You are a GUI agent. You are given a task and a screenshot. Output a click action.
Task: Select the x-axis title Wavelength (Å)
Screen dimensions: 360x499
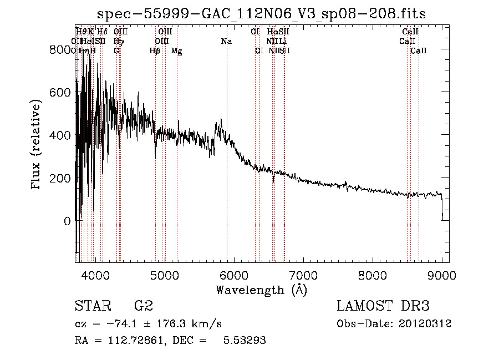261,290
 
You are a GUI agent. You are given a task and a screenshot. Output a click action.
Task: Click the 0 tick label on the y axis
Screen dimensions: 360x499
67,221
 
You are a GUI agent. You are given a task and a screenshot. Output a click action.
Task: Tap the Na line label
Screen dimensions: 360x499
226,42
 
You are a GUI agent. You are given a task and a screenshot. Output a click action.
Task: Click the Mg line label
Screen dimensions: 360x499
176,51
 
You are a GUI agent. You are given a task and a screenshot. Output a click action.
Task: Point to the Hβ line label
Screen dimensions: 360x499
155,51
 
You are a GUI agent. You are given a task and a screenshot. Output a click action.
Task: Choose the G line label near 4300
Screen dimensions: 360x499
116,51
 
